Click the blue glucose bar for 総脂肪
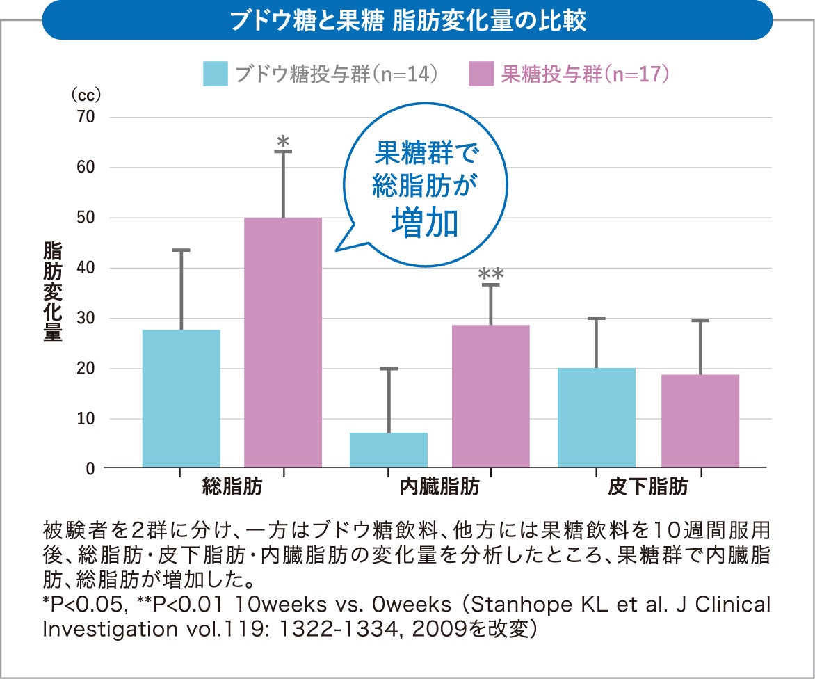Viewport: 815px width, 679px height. [x=181, y=398]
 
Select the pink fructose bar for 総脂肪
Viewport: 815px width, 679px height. [x=283, y=342]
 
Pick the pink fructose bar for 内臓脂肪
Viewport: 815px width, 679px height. [x=491, y=396]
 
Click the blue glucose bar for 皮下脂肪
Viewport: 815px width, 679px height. [x=597, y=417]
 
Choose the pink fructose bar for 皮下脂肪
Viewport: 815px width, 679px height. [x=700, y=421]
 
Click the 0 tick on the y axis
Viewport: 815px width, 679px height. [x=90, y=469]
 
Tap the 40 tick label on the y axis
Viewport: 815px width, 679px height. [x=86, y=268]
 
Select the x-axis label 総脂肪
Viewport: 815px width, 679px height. [x=232, y=487]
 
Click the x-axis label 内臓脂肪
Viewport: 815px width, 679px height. [x=439, y=487]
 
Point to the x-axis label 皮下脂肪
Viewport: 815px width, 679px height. [x=648, y=487]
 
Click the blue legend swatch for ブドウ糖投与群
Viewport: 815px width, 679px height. [x=216, y=74]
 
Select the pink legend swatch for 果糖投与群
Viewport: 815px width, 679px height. [x=481, y=74]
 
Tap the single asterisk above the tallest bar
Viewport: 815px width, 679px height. [x=283, y=141]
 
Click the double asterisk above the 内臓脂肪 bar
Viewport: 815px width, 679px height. [x=491, y=275]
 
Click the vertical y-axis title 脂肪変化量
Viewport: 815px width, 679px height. [x=53, y=292]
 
